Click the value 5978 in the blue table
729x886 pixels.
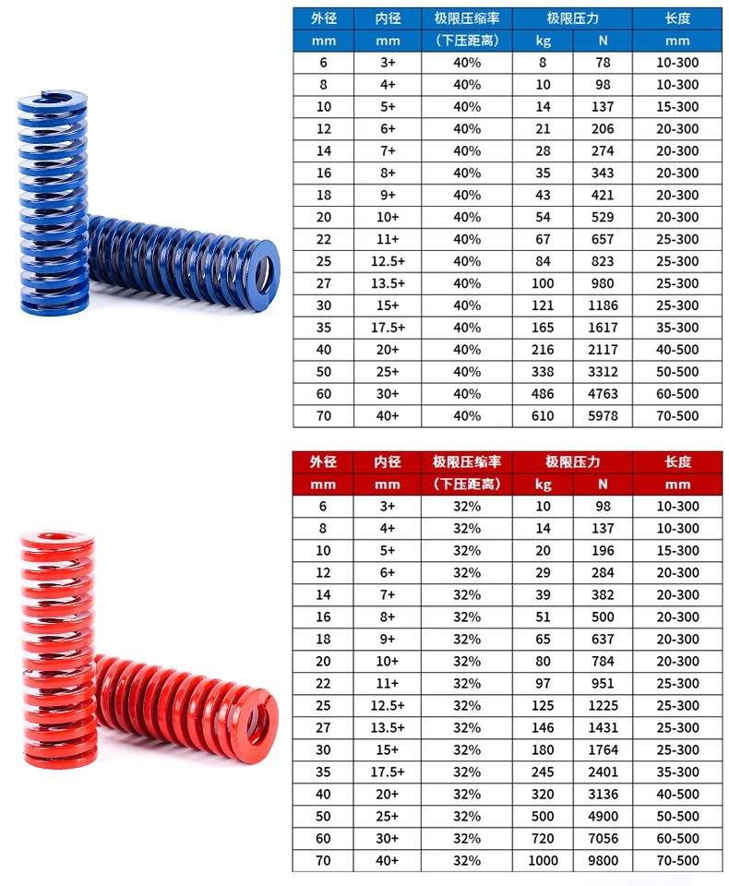point(603,416)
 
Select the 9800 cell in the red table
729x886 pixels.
point(603,860)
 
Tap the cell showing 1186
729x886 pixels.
point(603,305)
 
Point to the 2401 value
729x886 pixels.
point(603,772)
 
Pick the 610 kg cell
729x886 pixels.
point(543,416)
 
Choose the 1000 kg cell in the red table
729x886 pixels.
point(543,860)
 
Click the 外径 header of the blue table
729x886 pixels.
point(323,18)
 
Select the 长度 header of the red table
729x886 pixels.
point(677,462)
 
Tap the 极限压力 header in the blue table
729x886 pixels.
point(572,18)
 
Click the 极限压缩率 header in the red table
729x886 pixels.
point(467,462)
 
